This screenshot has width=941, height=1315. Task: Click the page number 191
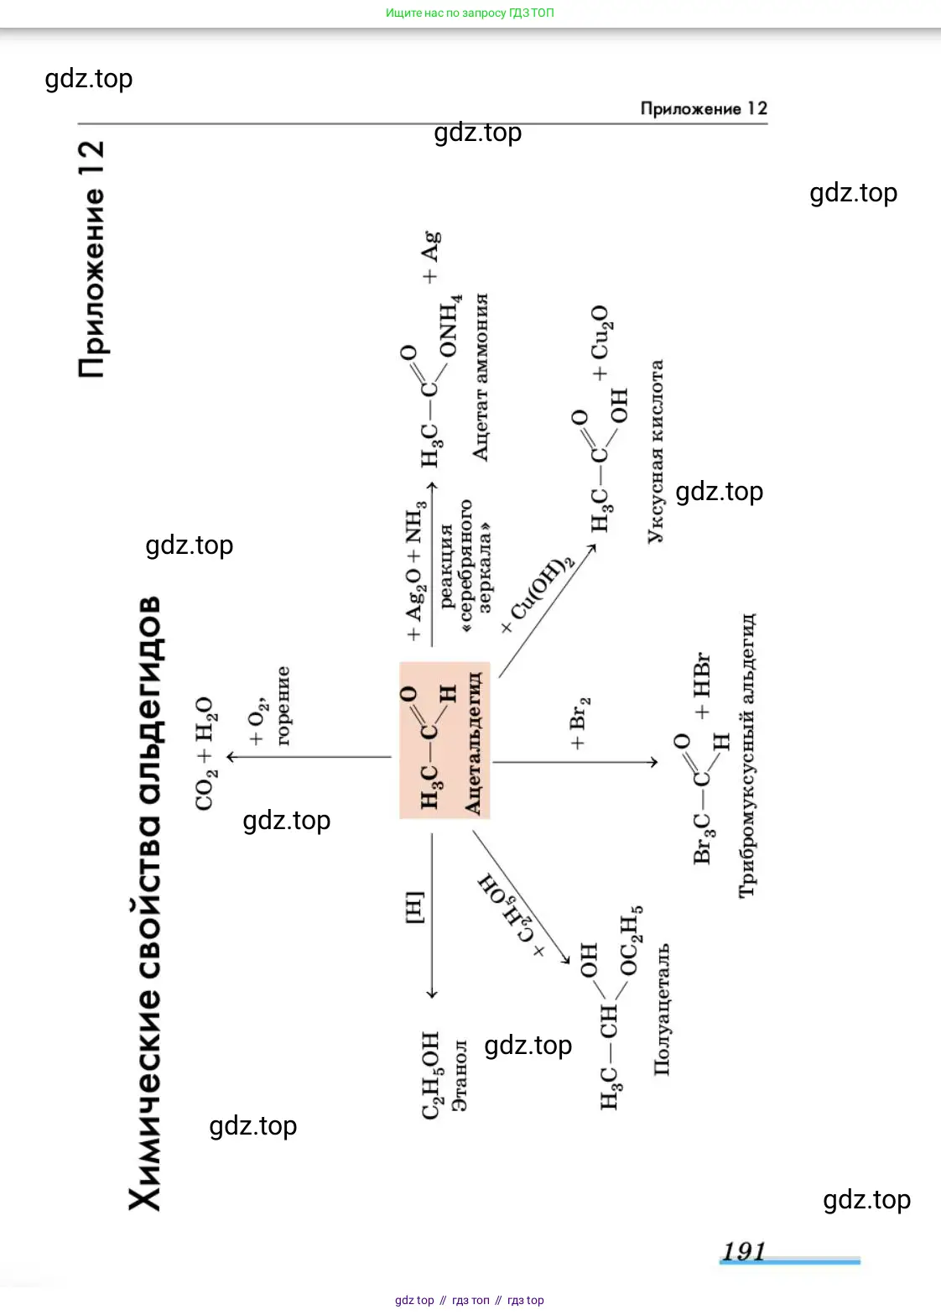(x=744, y=1251)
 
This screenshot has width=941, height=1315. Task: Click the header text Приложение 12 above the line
(x=703, y=108)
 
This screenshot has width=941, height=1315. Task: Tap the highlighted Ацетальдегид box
(x=445, y=740)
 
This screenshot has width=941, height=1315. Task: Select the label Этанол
(x=459, y=1075)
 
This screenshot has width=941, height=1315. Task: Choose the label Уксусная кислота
(x=655, y=451)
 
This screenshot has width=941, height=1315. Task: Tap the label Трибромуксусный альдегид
(x=746, y=755)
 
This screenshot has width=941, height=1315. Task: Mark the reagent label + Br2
(x=580, y=723)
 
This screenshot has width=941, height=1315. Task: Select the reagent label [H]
(x=414, y=907)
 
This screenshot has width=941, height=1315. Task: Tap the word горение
(x=283, y=706)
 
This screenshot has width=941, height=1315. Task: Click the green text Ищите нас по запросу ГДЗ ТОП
(x=470, y=13)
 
